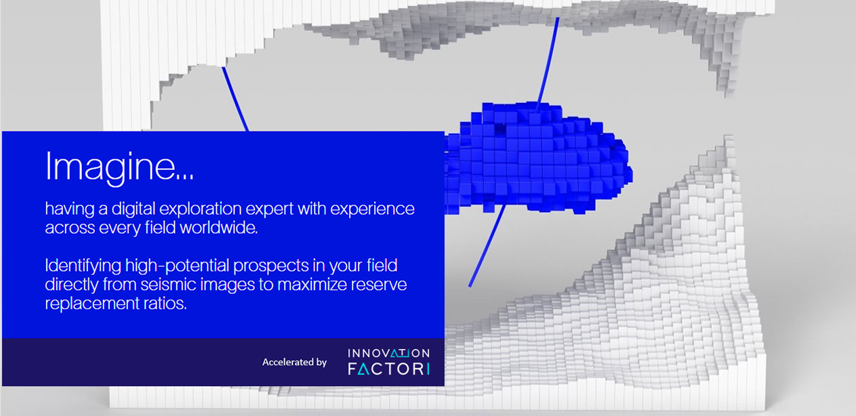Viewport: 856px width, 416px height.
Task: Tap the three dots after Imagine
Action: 185,176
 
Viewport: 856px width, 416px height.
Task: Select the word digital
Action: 133,209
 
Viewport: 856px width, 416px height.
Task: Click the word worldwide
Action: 219,228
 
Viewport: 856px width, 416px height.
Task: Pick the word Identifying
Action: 83,266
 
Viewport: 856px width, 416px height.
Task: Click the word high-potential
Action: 178,266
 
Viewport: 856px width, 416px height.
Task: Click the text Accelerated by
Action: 294,362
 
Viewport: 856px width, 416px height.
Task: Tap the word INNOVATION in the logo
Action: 388,354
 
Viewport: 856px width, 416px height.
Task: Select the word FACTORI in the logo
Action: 388,369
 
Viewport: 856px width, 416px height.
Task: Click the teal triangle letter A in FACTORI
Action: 364,369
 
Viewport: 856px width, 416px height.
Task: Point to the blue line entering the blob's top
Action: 548,60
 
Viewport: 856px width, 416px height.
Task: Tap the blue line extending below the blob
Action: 487,247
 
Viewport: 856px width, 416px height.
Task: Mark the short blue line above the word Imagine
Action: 235,100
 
